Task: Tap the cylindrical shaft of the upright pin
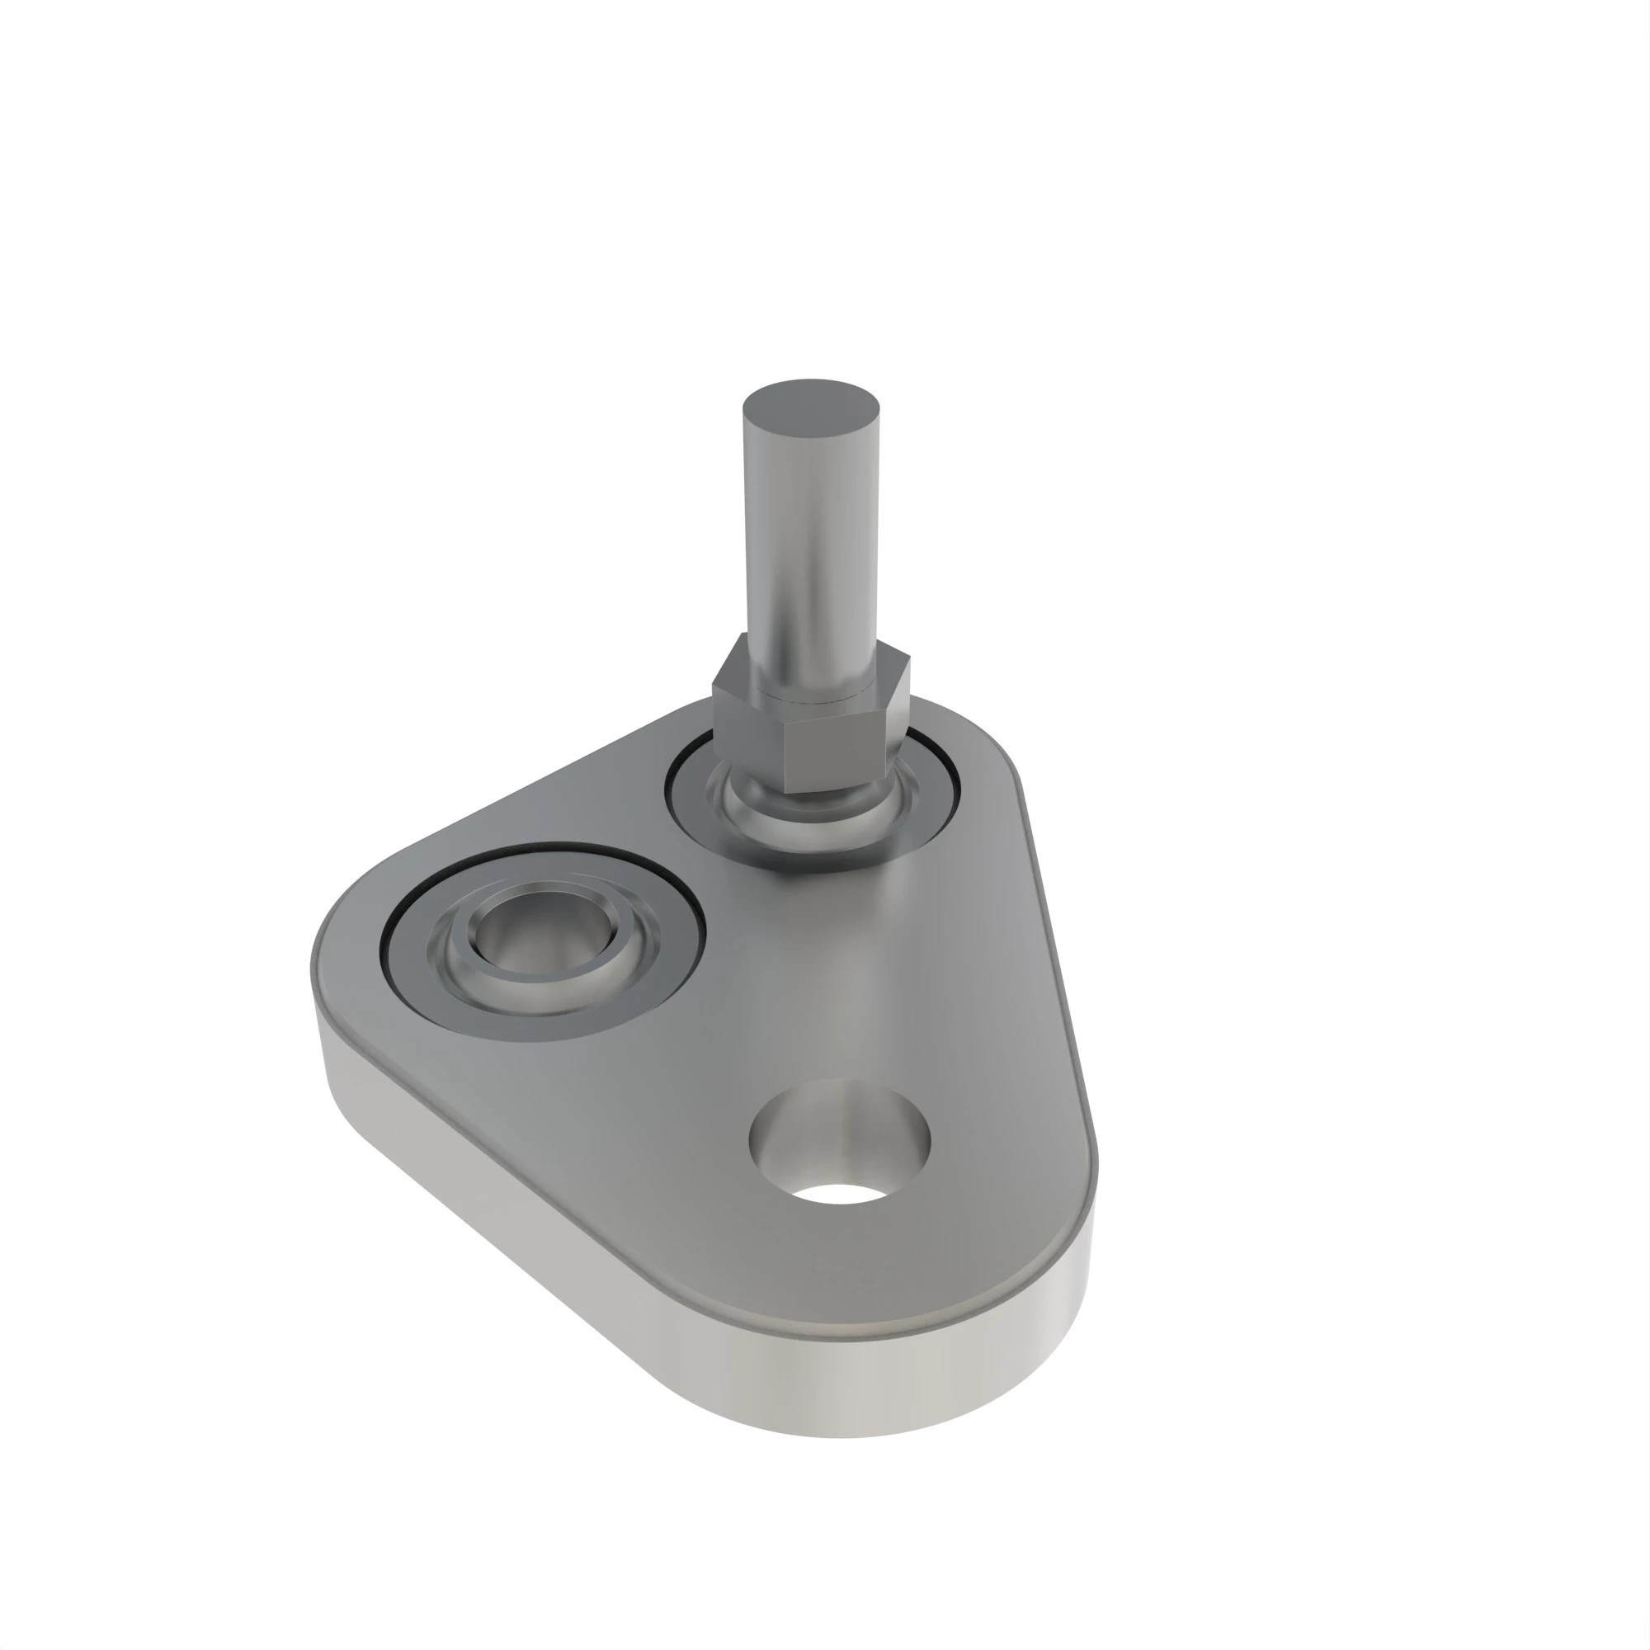click(811, 547)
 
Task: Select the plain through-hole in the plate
click(840, 1144)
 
